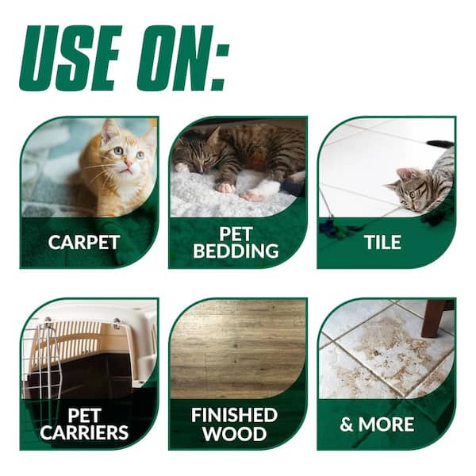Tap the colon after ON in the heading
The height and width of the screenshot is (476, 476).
point(219,67)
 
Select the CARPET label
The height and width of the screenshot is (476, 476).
point(84,242)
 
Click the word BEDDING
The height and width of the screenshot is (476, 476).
point(236,251)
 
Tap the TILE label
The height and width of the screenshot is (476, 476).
point(383,242)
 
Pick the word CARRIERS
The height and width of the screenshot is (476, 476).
point(84,432)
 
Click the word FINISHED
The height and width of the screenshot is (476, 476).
point(234,415)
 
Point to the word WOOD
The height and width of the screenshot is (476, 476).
point(235,433)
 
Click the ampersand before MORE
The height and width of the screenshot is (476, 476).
point(347,424)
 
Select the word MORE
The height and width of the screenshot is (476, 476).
point(386,424)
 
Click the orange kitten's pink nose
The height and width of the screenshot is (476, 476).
point(129,164)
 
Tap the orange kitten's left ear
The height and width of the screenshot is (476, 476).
point(109,131)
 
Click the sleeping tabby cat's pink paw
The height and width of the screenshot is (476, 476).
point(225,187)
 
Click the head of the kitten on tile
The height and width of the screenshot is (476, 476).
point(406,190)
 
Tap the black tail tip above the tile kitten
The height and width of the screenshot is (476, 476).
point(440,144)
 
